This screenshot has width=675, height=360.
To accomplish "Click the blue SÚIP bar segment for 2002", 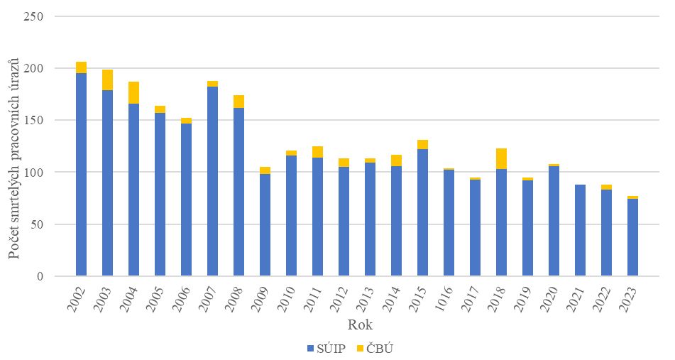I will coord(81,174).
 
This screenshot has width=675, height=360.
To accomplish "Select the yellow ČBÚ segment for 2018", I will coord(501,158).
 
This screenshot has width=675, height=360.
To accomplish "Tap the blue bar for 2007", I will coord(212,181).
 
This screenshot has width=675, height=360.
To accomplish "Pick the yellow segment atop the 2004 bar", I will coord(133,92).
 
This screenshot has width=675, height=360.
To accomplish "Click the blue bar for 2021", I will coord(580,230).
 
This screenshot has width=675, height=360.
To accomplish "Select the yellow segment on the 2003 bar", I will coord(107,80).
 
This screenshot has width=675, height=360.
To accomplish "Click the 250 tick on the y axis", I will coord(34,16).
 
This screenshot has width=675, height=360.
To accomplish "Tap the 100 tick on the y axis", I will coord(34,173).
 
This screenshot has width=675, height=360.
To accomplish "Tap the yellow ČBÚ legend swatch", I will coord(360,348).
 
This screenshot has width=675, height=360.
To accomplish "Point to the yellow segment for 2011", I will coord(317,152).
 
